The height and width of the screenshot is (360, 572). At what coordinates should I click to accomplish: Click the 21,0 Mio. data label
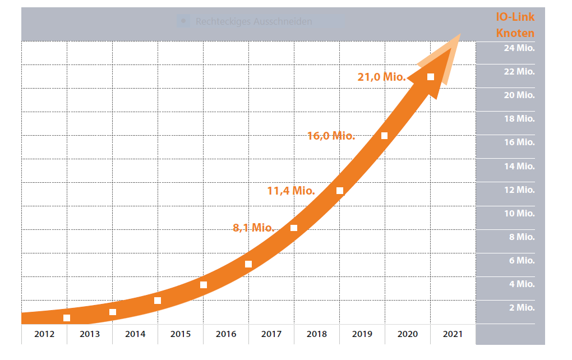[381, 77]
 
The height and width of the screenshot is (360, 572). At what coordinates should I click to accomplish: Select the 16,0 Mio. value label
[331, 136]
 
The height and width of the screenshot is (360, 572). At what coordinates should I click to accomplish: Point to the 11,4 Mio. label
[290, 191]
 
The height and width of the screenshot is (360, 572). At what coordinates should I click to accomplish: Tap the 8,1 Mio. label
[253, 228]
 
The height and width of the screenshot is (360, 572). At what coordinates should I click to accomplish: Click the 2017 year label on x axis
[271, 334]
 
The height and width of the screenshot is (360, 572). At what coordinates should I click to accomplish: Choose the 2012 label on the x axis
[44, 334]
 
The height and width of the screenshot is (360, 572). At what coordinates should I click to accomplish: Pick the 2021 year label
[453, 334]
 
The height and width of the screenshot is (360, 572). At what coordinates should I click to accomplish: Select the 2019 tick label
[362, 334]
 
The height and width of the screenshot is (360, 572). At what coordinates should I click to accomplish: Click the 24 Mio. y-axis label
[519, 48]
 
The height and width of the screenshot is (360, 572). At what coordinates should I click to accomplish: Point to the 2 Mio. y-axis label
[521, 307]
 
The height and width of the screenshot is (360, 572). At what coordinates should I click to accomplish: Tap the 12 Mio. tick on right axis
[519, 190]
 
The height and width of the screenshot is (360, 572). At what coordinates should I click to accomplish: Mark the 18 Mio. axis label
[519, 119]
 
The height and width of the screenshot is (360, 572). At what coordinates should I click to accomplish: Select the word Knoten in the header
[515, 33]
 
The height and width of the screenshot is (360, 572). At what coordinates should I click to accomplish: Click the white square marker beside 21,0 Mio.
[431, 77]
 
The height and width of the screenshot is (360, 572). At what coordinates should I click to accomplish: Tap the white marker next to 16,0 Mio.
[385, 136]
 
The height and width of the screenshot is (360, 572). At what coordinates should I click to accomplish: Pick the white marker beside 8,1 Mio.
[294, 228]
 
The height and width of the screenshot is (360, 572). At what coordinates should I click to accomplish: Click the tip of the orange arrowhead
[460, 35]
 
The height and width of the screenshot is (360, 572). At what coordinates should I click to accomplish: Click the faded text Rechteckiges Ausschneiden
[253, 22]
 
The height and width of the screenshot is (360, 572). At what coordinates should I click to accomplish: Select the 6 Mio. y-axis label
[521, 260]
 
